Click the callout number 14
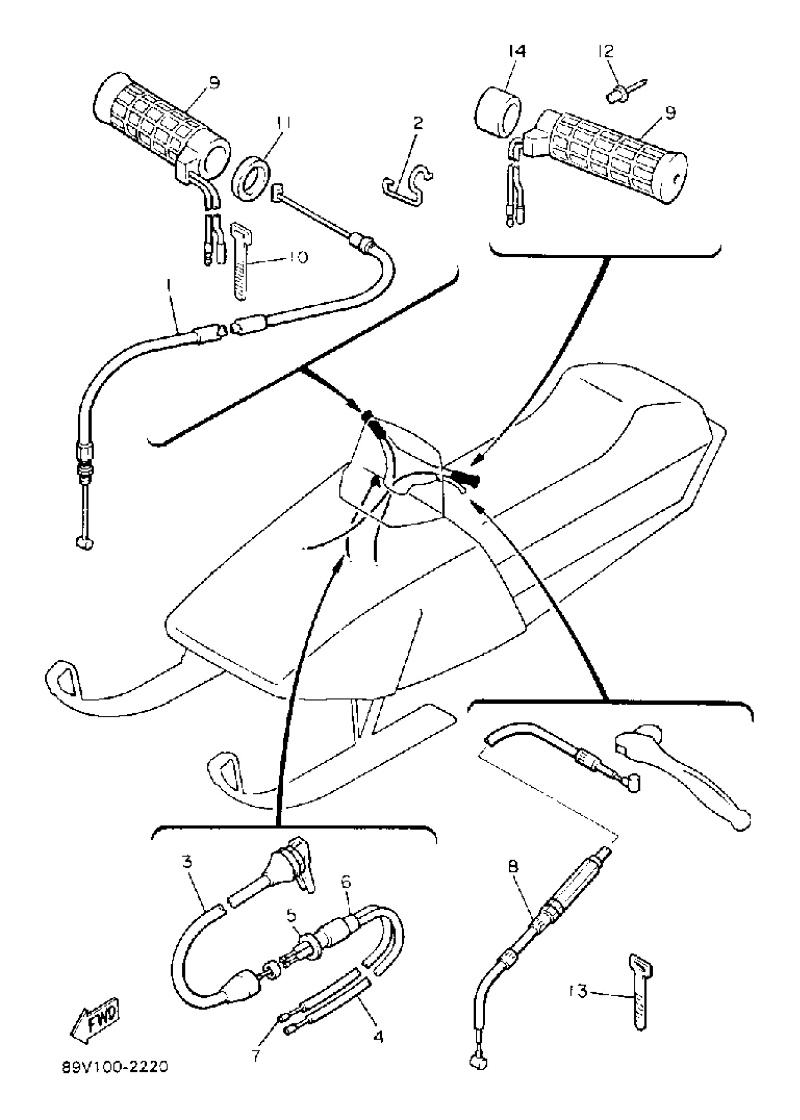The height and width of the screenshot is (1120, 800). (517, 51)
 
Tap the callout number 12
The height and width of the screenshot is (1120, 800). (606, 51)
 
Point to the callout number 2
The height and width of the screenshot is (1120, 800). (418, 123)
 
